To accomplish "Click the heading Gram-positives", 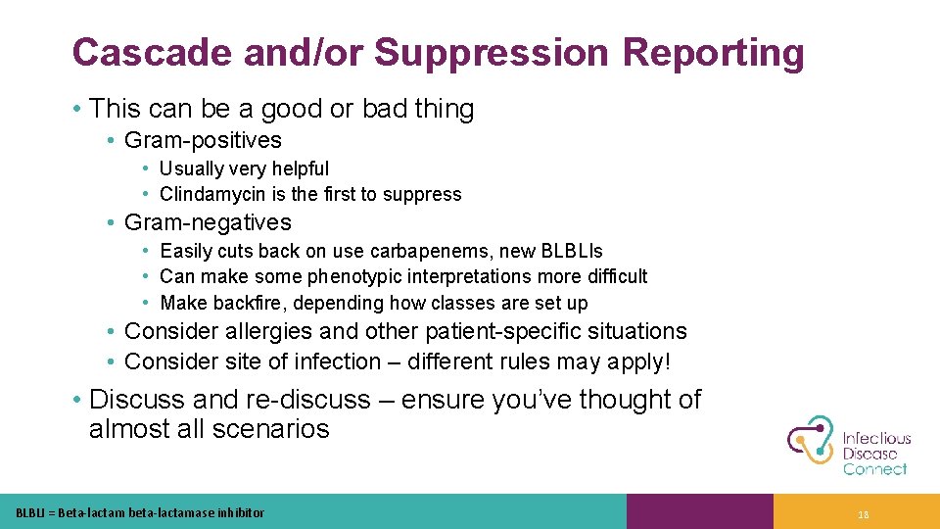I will [x=203, y=140].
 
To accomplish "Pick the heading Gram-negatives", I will [x=208, y=222].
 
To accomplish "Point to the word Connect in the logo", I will [x=874, y=469].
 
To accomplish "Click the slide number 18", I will [x=863, y=512].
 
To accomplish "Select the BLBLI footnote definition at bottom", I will [x=140, y=512].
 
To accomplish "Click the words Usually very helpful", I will [x=244, y=168].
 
